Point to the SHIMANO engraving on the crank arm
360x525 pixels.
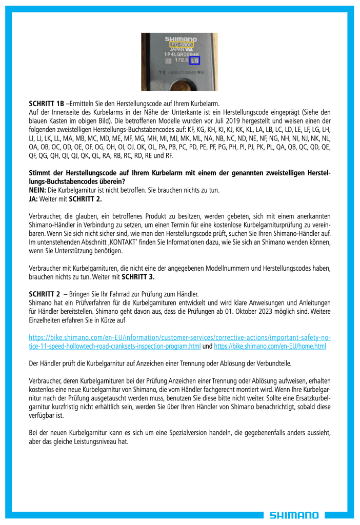coord(180,39)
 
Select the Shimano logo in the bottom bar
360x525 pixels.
coord(294,515)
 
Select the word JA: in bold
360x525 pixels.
coord(34,197)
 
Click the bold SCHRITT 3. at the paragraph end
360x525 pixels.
coord(139,277)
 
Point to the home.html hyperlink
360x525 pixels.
coord(269,346)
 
